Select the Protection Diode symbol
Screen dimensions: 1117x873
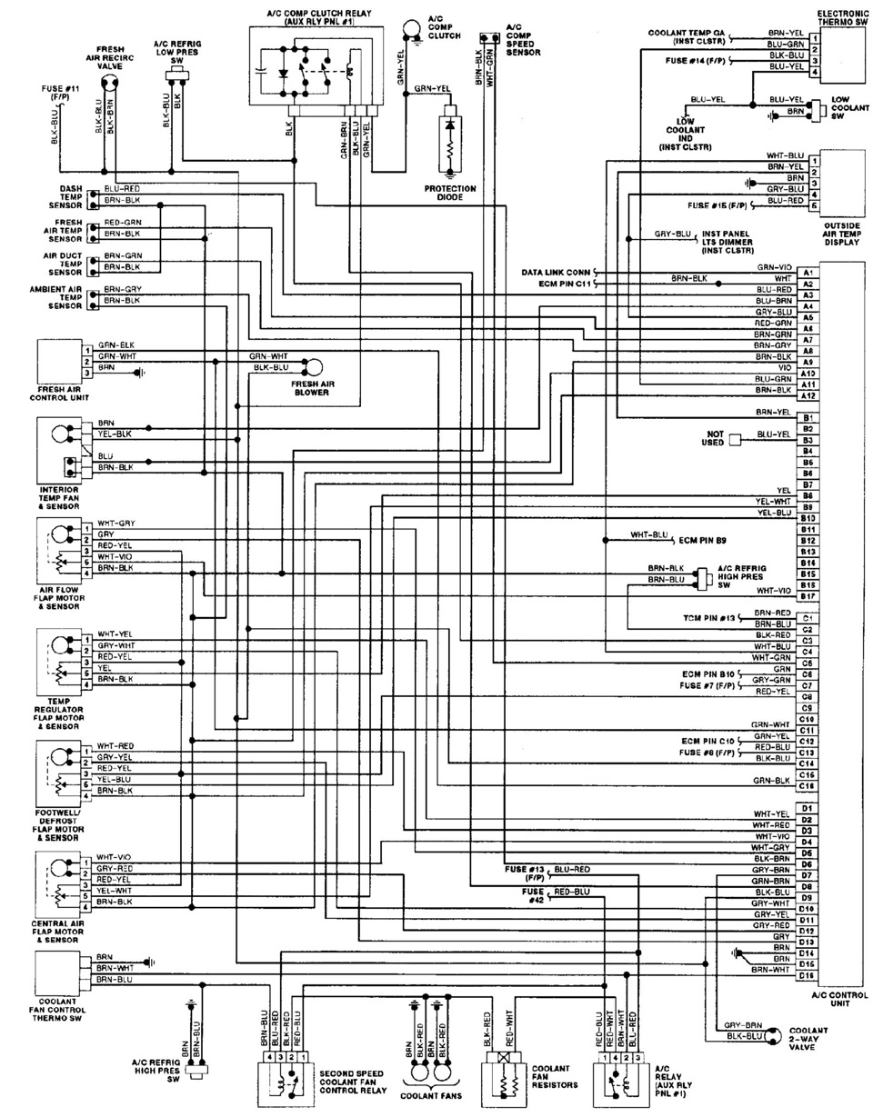(450, 144)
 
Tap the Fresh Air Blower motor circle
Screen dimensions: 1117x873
(313, 367)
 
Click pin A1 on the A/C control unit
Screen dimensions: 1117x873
(807, 273)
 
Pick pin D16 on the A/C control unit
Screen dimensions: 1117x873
(806, 975)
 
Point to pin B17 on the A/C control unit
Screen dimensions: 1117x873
(807, 596)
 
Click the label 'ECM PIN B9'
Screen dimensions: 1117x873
(702, 541)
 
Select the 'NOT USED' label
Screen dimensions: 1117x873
(711, 439)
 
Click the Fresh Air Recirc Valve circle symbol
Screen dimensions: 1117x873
(111, 83)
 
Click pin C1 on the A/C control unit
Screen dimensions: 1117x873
(807, 618)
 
